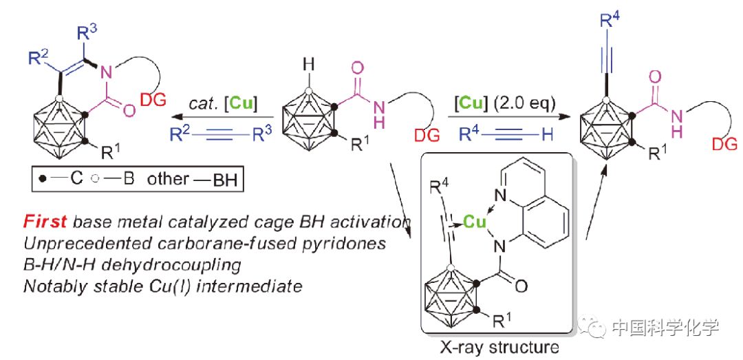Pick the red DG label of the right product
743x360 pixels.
click(724, 143)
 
